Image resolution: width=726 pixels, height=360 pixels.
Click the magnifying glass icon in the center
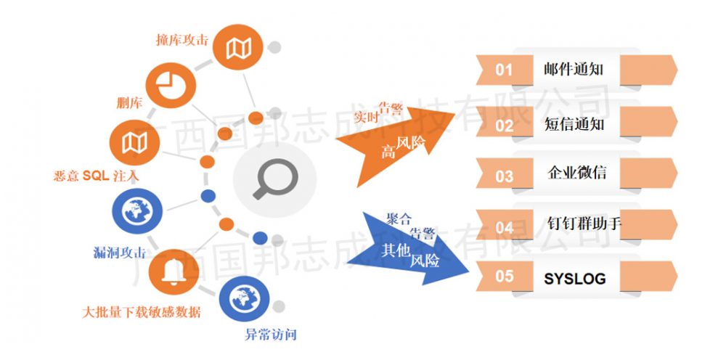pos(275,179)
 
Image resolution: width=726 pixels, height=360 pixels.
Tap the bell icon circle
pos(174,271)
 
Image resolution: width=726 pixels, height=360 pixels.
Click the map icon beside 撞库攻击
pos(238,48)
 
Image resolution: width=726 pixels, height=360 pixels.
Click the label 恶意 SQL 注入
pos(97,176)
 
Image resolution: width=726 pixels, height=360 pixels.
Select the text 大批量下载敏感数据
pos(142,312)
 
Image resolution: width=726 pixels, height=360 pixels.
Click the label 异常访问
pos(270,335)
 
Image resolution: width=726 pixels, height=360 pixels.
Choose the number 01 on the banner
pos(504,70)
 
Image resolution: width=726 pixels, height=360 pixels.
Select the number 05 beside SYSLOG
pos(505,277)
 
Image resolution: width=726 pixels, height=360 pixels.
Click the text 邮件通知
pos(574,70)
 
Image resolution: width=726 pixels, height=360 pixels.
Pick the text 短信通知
pos(574,124)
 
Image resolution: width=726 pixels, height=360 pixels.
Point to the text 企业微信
pos(577,173)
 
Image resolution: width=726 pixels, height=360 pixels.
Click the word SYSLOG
pos(574,279)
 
